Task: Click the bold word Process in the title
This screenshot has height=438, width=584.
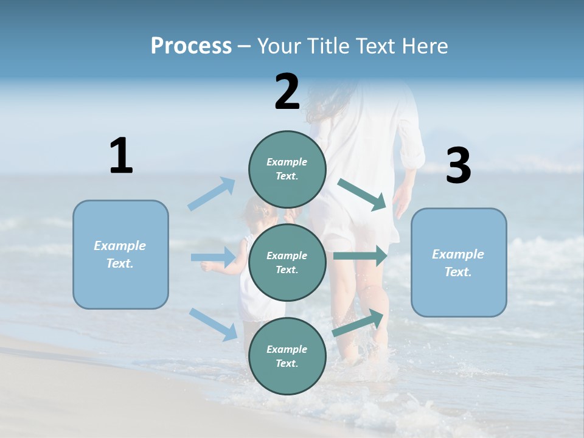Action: click(191, 46)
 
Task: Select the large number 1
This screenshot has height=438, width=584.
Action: click(121, 156)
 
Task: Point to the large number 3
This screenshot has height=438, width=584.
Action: click(458, 166)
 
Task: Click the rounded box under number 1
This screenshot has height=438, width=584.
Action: click(120, 254)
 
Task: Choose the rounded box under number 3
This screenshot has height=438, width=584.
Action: click(459, 263)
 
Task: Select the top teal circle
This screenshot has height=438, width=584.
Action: click(287, 169)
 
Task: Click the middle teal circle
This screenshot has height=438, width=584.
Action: click(287, 262)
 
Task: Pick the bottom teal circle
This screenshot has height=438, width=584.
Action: click(287, 356)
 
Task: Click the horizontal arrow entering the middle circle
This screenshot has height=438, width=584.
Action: click(213, 257)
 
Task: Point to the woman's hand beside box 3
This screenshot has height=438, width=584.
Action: click(402, 201)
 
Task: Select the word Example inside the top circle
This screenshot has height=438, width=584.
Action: click(287, 162)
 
